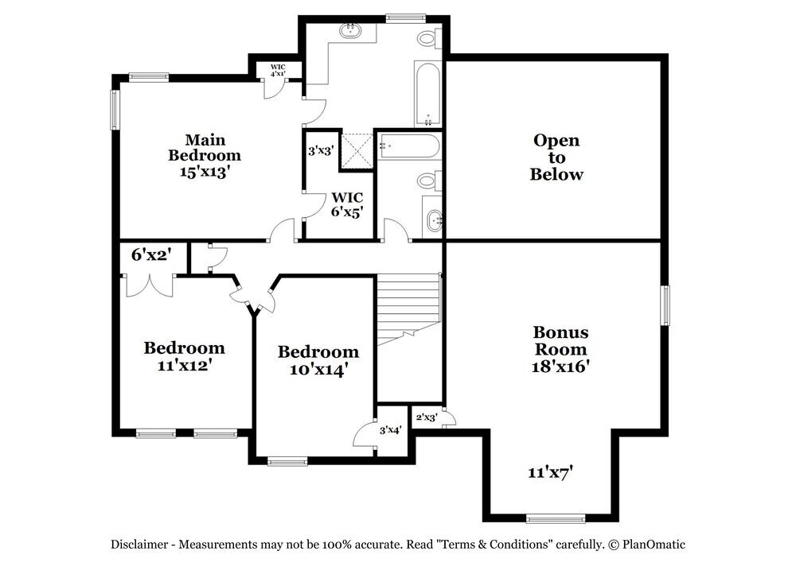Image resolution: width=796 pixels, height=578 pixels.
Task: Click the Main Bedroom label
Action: pyautogui.click(x=204, y=147)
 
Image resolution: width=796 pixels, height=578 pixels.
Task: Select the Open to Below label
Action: pyautogui.click(x=556, y=157)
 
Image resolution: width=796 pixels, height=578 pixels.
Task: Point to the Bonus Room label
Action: pyautogui.click(x=560, y=340)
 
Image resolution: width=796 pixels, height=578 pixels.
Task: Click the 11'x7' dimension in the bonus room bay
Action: pyautogui.click(x=551, y=471)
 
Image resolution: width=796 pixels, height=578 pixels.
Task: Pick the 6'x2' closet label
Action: pyautogui.click(x=152, y=255)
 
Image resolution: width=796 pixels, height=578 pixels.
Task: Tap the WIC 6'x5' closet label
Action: pyautogui.click(x=348, y=204)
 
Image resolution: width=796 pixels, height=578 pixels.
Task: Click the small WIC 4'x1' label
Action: pyautogui.click(x=278, y=70)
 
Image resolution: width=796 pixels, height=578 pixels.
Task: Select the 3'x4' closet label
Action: pyautogui.click(x=390, y=430)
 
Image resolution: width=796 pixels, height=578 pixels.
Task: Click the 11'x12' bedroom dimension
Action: pyautogui.click(x=184, y=366)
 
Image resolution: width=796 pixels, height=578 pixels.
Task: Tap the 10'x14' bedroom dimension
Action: pyautogui.click(x=318, y=370)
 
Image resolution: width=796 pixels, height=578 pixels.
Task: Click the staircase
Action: pyautogui.click(x=408, y=306)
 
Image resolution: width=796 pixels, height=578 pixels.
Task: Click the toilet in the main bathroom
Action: pyautogui.click(x=428, y=37)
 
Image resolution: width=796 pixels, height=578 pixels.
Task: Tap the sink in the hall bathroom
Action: pyautogui.click(x=433, y=220)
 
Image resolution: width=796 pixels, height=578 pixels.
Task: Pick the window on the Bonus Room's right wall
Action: pyautogui.click(x=665, y=305)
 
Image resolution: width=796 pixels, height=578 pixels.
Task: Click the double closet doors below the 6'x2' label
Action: pyautogui.click(x=148, y=285)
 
